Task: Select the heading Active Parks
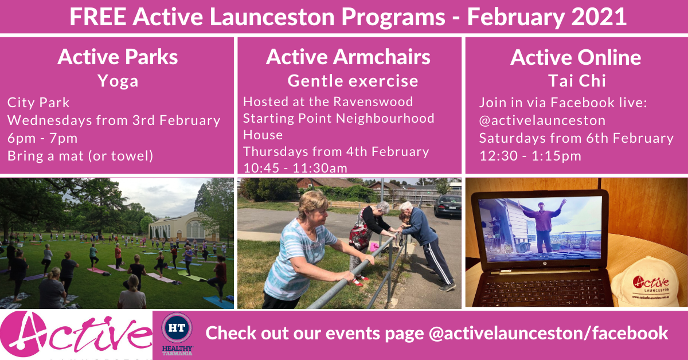[x=118, y=57]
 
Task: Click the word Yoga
[x=118, y=81]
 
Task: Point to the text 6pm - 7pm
[x=42, y=138]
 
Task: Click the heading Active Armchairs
[x=348, y=57]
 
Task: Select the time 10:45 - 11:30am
[x=295, y=168]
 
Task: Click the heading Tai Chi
[x=577, y=81]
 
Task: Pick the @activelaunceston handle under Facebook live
[x=542, y=120]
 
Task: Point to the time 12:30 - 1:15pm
[x=530, y=156]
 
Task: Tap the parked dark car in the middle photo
[x=448, y=205]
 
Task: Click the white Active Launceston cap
[x=645, y=283]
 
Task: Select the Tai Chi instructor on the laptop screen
[x=542, y=226]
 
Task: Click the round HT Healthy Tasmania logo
[x=177, y=328]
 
